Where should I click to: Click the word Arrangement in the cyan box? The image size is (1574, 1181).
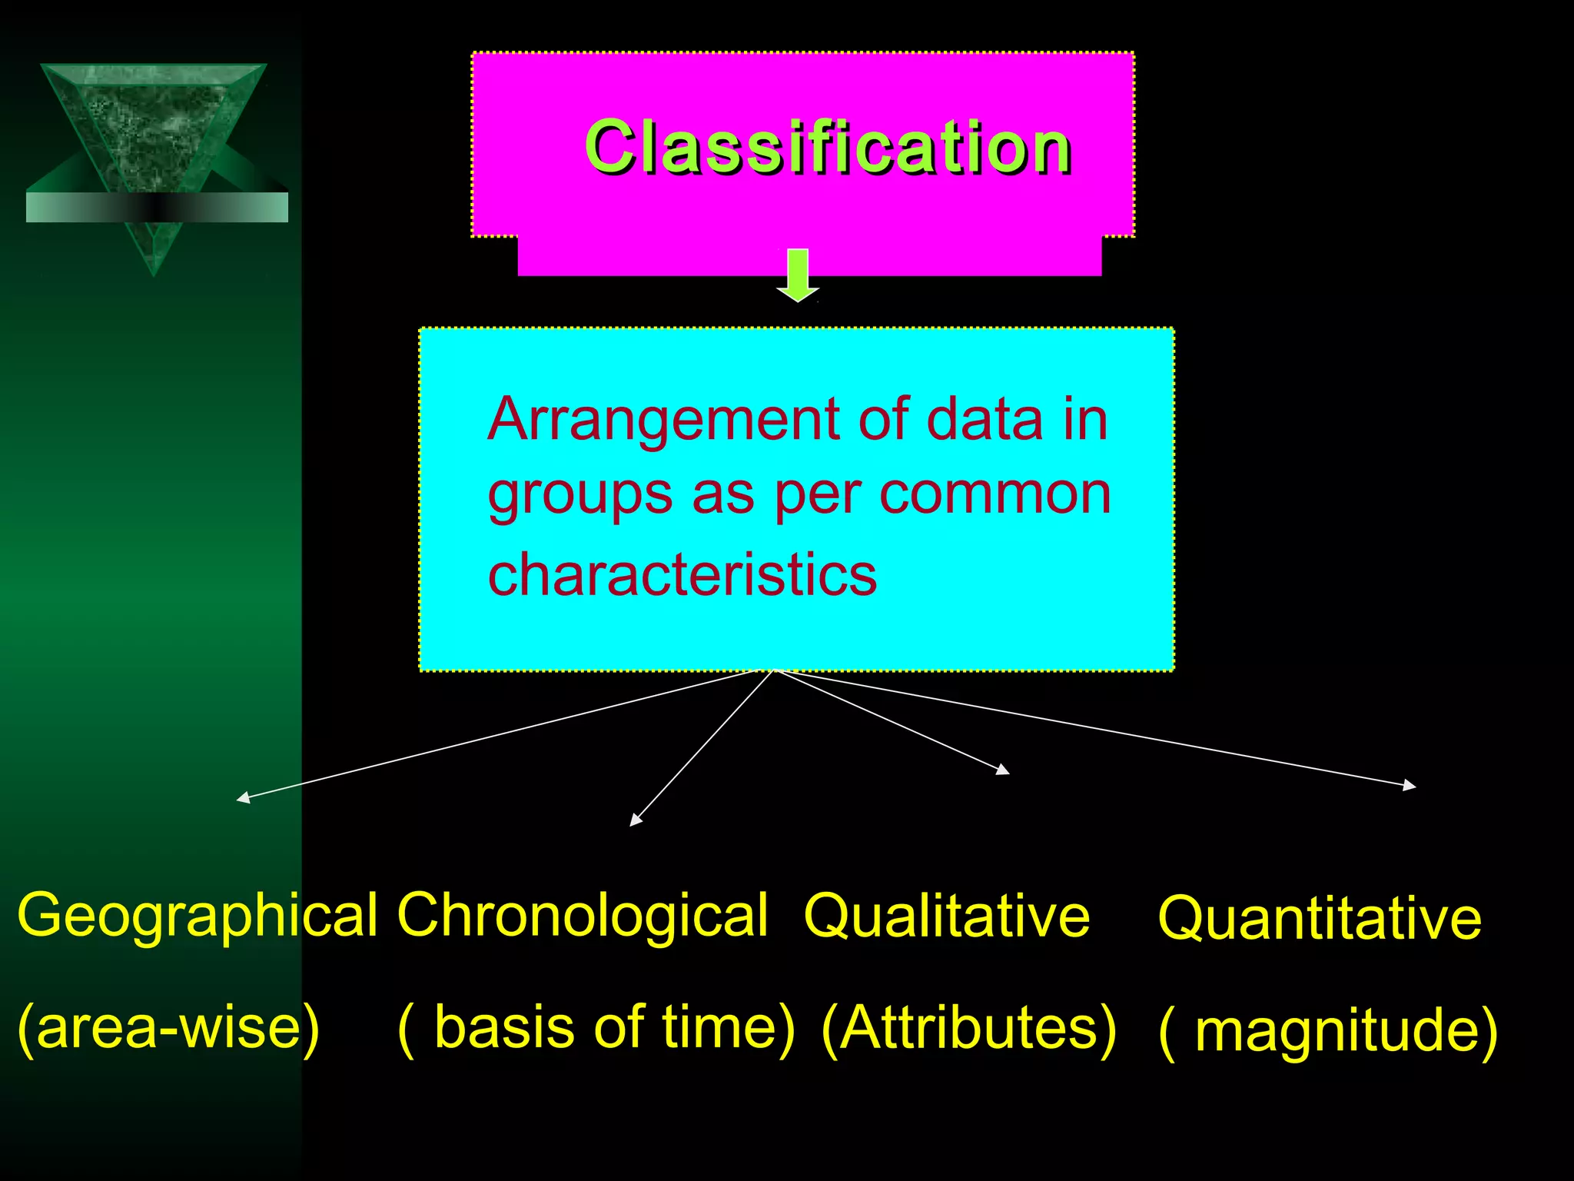coord(664,420)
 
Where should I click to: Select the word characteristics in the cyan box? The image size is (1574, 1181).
coord(682,574)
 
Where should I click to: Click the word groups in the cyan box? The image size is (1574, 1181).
coord(580,497)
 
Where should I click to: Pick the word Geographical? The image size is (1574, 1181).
coord(198,916)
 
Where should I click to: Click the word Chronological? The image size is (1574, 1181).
coord(583,915)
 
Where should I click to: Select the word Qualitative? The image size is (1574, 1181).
coord(946,916)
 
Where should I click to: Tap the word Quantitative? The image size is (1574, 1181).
coord(1319,918)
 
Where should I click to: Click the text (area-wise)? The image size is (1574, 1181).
coord(168,1027)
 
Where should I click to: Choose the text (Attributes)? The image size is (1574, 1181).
coord(968,1027)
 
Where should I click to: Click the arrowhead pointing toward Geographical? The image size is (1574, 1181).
coord(243,799)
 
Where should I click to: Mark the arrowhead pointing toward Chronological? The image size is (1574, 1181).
coord(635,820)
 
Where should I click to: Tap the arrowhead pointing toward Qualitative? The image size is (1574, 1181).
coord(1003,769)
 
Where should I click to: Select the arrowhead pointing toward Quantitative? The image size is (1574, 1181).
coord(1410,785)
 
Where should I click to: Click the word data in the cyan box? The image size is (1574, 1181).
coord(985,420)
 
